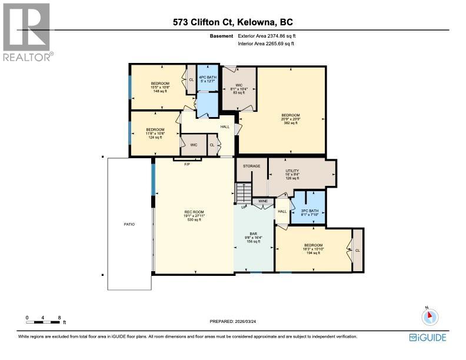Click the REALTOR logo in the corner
pyautogui.click(x=27, y=32)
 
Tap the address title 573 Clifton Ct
pyautogui.click(x=233, y=22)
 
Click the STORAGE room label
pyautogui.click(x=252, y=166)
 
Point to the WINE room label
pyautogui.click(x=262, y=201)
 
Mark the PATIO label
pyautogui.click(x=129, y=224)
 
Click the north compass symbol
pyautogui.click(x=430, y=316)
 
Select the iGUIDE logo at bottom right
pyautogui.click(x=428, y=337)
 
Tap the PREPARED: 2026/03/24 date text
pyautogui.click(x=233, y=321)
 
